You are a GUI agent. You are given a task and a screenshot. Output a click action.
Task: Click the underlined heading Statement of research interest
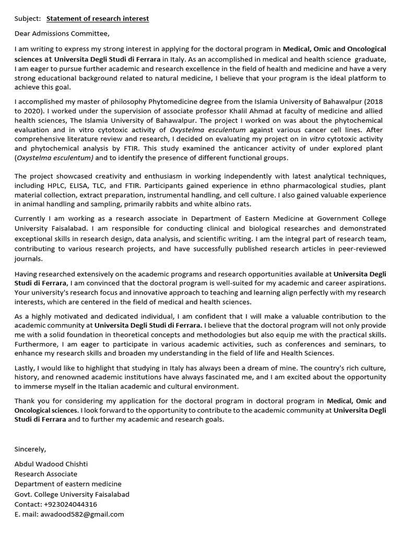point(98,19)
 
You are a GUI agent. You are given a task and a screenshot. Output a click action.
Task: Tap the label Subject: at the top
point(28,19)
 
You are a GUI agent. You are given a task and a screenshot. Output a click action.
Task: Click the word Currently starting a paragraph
point(31,218)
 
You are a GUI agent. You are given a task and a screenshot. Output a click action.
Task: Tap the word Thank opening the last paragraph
point(25,401)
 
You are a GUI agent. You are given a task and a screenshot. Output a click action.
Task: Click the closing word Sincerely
point(30,449)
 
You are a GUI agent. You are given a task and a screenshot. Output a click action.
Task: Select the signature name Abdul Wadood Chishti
point(52,464)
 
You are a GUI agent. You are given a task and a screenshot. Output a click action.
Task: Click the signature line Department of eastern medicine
point(68,484)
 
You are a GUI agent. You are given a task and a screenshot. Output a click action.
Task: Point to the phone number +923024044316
point(70,504)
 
